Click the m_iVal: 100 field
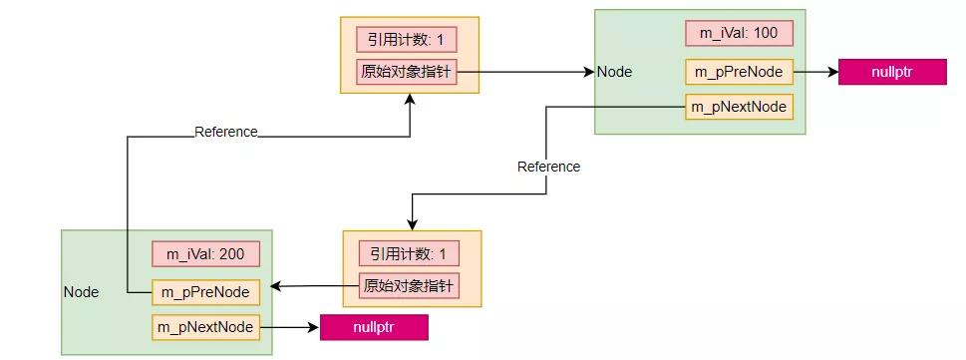pos(739,33)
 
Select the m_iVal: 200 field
pos(205,254)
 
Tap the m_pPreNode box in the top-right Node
pos(739,72)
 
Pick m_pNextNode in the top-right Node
pos(739,107)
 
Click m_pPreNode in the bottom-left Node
pos(205,292)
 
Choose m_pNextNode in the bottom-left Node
pos(205,326)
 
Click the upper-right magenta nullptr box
pos(892,72)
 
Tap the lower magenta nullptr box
pos(374,327)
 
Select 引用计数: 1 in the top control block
pos(407,39)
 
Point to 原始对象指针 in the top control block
pos(407,72)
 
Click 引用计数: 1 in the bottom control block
pos(409,253)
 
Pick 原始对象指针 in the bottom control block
pos(409,286)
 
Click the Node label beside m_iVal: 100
pos(614,72)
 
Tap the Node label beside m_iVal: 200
pos(81,292)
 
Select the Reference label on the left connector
pos(225,132)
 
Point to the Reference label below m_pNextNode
pos(548,167)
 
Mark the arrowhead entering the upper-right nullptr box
pos(832,72)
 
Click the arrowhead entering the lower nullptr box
pos(313,326)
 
